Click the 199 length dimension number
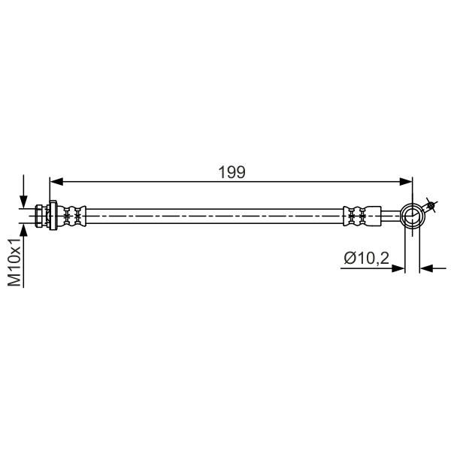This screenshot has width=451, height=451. pyautogui.click(x=232, y=172)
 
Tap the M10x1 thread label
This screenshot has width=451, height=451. pyautogui.click(x=14, y=262)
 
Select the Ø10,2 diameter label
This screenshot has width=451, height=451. pyautogui.click(x=367, y=258)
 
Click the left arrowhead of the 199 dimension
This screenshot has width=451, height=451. pyautogui.click(x=56, y=181)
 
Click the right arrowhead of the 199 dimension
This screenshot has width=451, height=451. pyautogui.click(x=406, y=181)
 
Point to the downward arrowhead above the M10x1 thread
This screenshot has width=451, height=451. pyautogui.click(x=23, y=201)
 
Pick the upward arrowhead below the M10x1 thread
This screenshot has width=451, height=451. pyautogui.click(x=23, y=230)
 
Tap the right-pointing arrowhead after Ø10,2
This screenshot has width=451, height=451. pyautogui.click(x=398, y=268)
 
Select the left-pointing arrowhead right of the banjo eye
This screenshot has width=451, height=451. pyautogui.click(x=426, y=268)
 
